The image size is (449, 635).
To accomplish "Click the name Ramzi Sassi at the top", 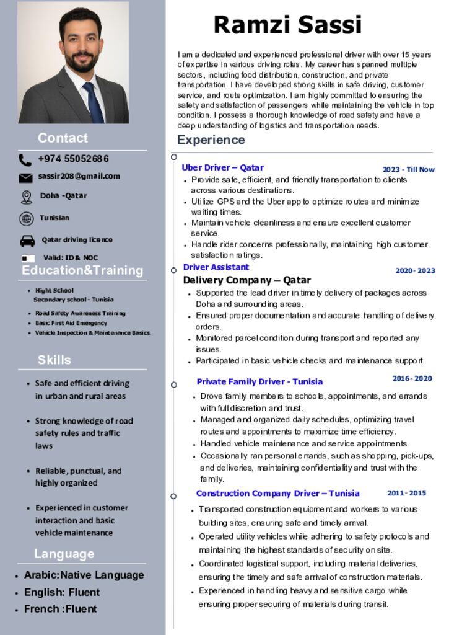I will pyautogui.click(x=287, y=25).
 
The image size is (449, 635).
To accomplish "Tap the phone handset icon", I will pyautogui.click(x=25, y=160).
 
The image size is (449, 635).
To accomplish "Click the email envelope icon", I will pyautogui.click(x=25, y=178).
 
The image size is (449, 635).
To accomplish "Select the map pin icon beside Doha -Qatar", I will pyautogui.click(x=26, y=197).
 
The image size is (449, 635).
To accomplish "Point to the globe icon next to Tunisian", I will pyautogui.click(x=26, y=218).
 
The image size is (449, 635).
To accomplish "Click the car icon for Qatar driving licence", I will pyautogui.click(x=27, y=241).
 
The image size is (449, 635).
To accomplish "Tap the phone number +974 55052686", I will pyautogui.click(x=73, y=159).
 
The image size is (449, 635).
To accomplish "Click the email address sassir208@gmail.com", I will pyautogui.click(x=79, y=176).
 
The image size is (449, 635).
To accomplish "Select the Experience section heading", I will pyautogui.click(x=211, y=140).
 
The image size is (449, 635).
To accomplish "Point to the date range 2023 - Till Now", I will pyautogui.click(x=408, y=169).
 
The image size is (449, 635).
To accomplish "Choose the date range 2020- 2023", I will pyautogui.click(x=415, y=270).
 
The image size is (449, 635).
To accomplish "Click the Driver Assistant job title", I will pyautogui.click(x=216, y=267).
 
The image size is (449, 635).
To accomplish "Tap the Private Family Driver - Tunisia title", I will pyautogui.click(x=259, y=381).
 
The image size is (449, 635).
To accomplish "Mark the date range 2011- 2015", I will pyautogui.click(x=406, y=493).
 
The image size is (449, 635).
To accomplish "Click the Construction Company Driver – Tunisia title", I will pyautogui.click(x=277, y=494).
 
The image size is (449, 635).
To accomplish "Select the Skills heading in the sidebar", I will pyautogui.click(x=54, y=360).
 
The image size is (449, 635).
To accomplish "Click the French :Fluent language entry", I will pyautogui.click(x=60, y=609).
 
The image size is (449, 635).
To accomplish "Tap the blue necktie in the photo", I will pyautogui.click(x=94, y=102).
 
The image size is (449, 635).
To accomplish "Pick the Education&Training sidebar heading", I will pyautogui.click(x=82, y=270).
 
